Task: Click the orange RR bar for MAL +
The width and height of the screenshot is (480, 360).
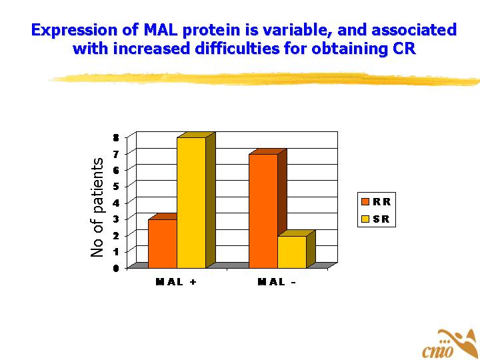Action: point(163,243)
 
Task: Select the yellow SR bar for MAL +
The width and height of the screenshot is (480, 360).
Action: point(191,203)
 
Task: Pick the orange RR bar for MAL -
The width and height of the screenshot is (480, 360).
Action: point(263,211)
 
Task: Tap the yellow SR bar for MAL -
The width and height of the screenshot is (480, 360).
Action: point(291,252)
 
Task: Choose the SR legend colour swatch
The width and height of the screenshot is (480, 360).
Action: point(365,219)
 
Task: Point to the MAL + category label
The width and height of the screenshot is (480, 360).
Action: point(176,281)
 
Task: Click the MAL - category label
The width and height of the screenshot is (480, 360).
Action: point(277,281)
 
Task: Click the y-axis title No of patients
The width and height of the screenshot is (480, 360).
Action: point(97,207)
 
